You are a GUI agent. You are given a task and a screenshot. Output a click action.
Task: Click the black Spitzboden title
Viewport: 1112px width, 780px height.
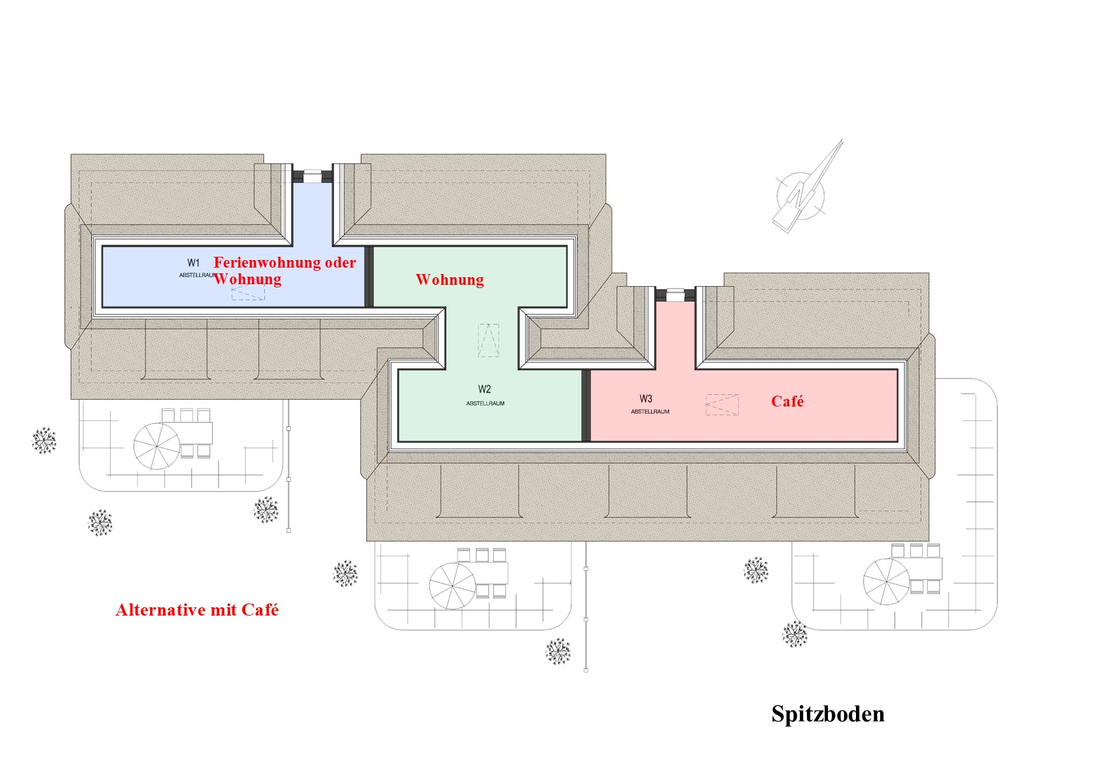point(827,714)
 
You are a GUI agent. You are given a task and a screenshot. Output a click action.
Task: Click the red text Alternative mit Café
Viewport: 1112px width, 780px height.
point(197,610)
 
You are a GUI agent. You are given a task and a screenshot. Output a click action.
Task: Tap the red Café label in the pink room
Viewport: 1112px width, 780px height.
point(787,401)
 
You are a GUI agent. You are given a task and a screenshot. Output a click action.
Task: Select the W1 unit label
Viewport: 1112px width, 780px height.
point(194,263)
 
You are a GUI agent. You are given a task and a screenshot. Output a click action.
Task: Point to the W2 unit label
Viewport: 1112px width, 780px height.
point(485,389)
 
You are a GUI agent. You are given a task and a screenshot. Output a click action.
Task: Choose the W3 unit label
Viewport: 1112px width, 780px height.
point(646,398)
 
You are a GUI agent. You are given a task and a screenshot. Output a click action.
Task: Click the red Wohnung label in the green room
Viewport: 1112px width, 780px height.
point(450,280)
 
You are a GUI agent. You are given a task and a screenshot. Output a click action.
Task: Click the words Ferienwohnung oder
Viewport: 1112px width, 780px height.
point(285,263)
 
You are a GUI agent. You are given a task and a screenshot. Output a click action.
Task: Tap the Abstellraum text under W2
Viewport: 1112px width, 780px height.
point(485,403)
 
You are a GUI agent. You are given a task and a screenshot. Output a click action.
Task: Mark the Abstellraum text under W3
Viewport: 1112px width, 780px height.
point(650,412)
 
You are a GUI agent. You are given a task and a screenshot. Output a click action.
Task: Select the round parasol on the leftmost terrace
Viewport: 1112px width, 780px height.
point(157,446)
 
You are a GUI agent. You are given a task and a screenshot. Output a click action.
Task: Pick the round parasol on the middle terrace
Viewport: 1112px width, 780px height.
point(452,586)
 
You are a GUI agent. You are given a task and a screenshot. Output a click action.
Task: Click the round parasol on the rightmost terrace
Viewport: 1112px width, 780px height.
point(887,581)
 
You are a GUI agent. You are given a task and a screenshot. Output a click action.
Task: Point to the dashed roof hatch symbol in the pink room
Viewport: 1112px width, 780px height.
point(722,405)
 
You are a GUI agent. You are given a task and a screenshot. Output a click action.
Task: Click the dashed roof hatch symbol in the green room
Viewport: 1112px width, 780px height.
point(488,340)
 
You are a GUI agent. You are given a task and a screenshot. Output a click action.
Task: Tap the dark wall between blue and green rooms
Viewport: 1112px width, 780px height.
point(368,277)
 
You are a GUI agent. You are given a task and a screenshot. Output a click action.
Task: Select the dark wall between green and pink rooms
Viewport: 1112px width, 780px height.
point(586,405)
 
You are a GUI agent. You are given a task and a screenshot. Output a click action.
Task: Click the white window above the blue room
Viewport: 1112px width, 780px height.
point(312,175)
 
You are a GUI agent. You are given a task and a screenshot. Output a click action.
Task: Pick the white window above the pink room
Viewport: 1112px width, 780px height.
point(675,294)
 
